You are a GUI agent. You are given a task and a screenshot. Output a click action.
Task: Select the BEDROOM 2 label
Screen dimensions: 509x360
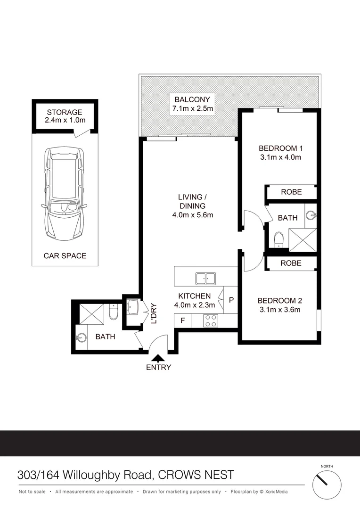click(x=279, y=301)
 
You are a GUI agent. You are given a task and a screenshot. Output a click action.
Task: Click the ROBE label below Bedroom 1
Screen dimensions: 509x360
click(x=291, y=192)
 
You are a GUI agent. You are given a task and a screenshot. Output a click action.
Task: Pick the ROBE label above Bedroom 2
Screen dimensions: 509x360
click(x=291, y=263)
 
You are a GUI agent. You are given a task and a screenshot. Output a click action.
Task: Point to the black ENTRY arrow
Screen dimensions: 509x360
click(x=158, y=359)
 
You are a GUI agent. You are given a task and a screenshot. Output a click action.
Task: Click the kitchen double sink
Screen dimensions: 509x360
click(x=206, y=278)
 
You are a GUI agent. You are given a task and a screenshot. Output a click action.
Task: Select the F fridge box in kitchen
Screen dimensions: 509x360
click(x=182, y=320)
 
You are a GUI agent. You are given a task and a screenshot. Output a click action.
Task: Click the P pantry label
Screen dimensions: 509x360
click(x=231, y=300)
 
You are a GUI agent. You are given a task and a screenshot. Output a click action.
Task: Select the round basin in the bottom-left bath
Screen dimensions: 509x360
click(x=80, y=337)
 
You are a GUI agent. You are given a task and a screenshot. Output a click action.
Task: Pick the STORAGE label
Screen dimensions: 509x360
click(x=65, y=112)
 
